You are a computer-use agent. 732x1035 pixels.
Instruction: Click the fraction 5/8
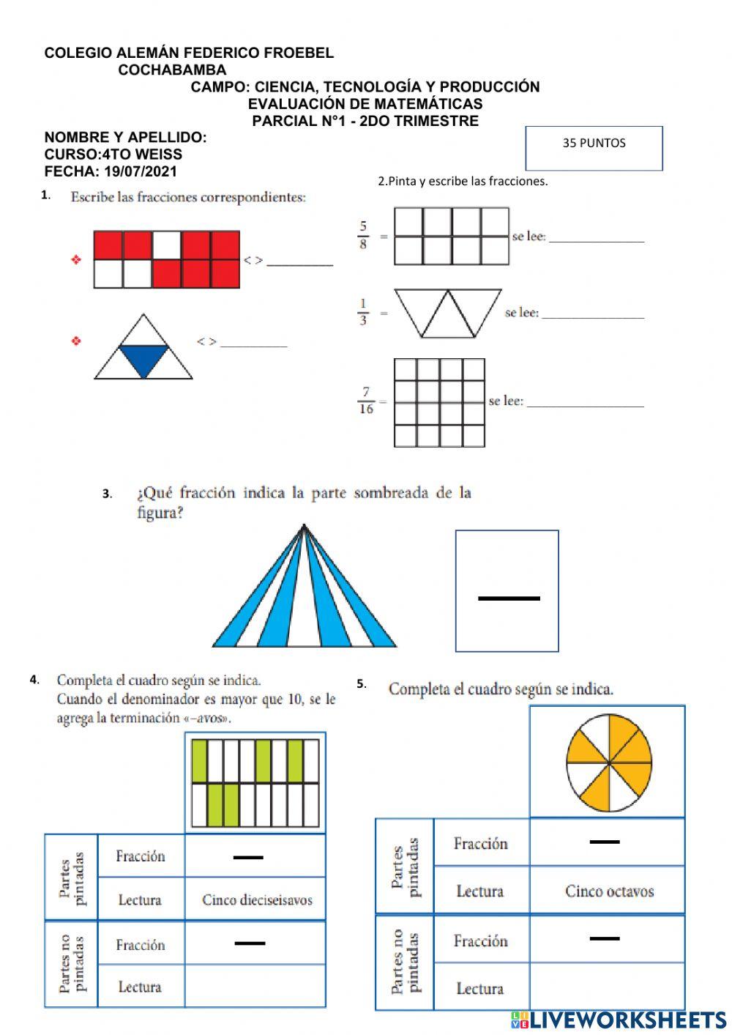pos(363,235)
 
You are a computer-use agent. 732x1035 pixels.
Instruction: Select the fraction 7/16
pos(366,401)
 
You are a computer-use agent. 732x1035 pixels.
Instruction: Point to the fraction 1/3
pos(363,311)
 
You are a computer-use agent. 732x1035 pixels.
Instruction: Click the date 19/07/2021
pos(141,172)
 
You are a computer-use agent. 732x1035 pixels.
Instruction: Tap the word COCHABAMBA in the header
pos(172,70)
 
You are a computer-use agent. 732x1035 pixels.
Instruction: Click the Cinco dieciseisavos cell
pos(256,899)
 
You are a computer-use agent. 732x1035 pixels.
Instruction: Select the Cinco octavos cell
pos(609,891)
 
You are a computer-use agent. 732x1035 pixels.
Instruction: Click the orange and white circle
pos(608,763)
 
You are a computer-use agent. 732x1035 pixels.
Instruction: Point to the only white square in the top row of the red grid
pos(167,245)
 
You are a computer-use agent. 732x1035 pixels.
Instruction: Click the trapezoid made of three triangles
pos(448,313)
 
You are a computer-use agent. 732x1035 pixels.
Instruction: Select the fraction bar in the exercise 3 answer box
pos(509,598)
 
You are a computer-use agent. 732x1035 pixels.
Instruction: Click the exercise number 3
pos(107,494)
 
